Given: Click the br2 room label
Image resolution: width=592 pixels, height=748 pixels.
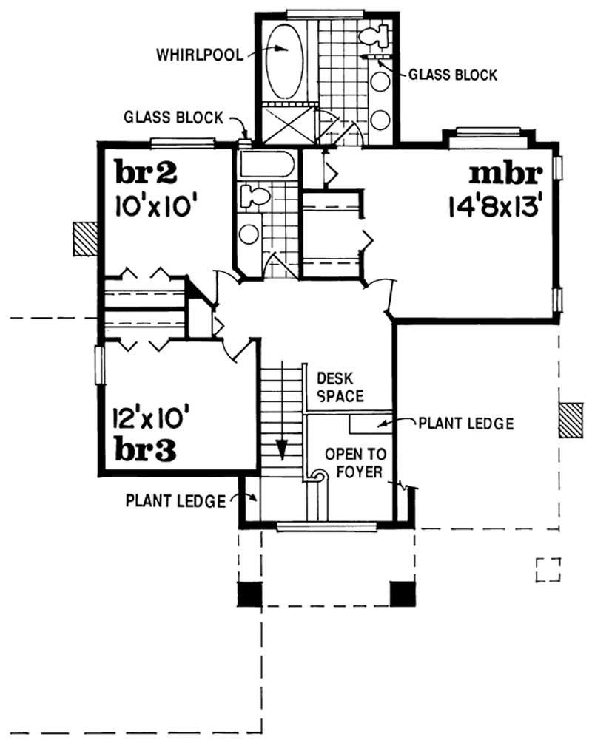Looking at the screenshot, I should tap(147, 171).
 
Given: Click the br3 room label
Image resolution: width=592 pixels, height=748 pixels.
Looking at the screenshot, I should tap(145, 451).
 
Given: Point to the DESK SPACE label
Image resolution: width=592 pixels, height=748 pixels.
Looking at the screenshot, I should tap(340, 386).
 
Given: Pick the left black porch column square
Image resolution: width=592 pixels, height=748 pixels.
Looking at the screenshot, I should tap(250, 592).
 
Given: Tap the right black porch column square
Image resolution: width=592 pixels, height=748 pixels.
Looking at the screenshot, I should tap(401, 592).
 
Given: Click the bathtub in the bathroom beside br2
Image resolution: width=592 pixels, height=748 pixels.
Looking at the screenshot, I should tap(266, 165).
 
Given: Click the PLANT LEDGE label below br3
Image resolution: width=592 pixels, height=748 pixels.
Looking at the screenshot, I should tap(175, 501).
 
